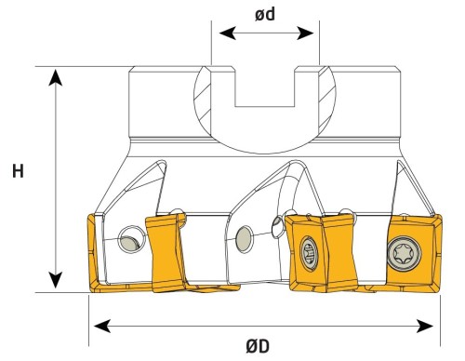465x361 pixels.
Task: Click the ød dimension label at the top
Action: coord(265,15)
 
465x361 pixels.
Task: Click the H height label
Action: coord(18,171)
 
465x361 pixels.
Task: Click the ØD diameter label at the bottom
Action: coord(258,346)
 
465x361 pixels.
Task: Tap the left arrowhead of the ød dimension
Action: coord(227,33)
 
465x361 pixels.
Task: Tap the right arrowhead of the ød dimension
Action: coord(305,33)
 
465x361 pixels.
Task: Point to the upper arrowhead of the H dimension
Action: coord(56,77)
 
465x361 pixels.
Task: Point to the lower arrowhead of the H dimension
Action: coord(56,280)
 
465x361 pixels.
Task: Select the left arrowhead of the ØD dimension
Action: coord(102,326)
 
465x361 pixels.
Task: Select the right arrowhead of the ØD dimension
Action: coord(425,326)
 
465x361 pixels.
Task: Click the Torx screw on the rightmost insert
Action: coord(405,253)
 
